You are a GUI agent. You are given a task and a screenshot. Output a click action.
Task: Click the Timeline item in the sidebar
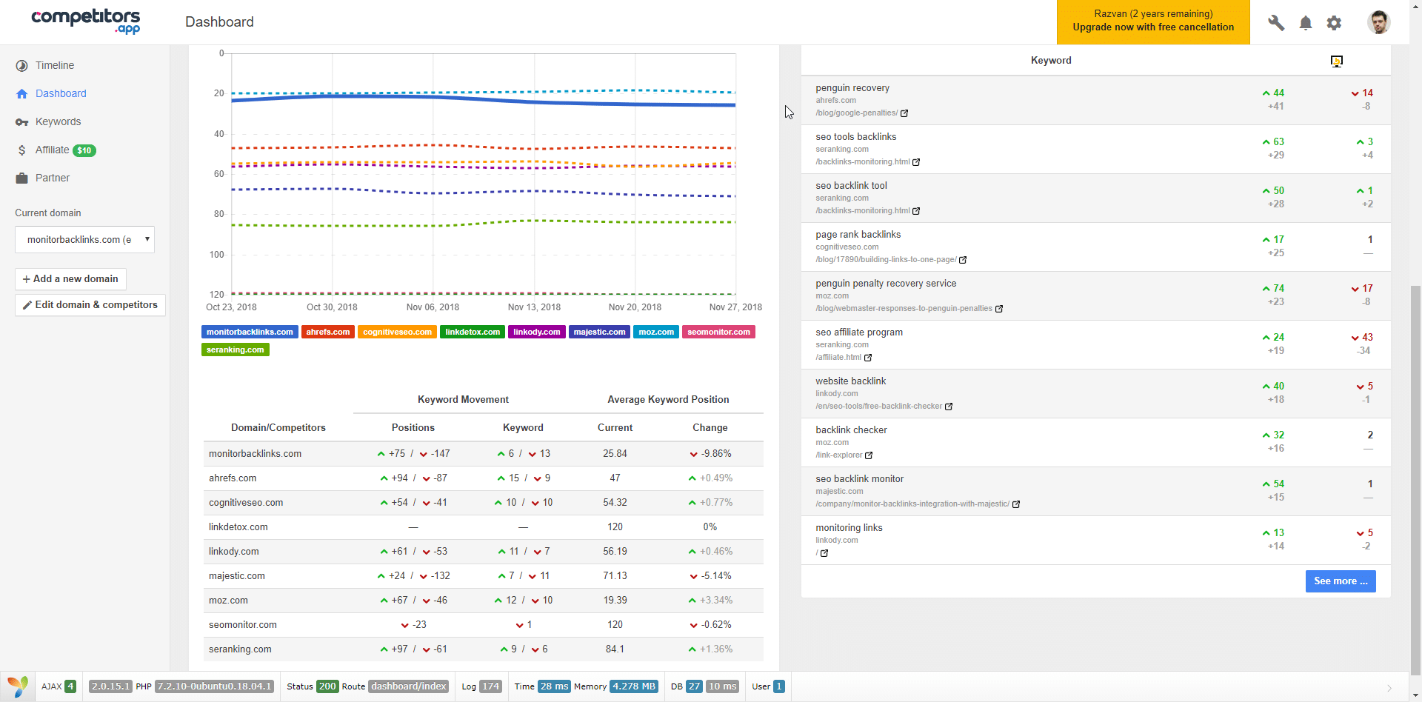[54, 65]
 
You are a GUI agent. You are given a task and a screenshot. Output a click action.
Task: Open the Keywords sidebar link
[58, 121]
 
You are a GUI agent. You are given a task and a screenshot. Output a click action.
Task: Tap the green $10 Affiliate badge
[84, 150]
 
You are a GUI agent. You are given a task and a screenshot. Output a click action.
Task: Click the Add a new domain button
[70, 279]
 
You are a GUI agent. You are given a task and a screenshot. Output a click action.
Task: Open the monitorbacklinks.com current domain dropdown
[84, 240]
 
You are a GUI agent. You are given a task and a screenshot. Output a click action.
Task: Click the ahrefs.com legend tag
[327, 332]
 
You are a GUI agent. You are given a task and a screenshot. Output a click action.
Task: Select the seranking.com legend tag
[235, 350]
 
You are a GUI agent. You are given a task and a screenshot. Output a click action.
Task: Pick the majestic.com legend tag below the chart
[599, 332]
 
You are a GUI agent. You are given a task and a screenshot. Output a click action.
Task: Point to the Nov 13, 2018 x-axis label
[534, 307]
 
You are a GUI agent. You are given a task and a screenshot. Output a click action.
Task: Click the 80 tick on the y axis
[218, 214]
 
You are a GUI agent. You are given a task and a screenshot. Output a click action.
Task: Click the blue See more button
[1341, 581]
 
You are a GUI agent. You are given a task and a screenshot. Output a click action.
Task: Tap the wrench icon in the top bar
[1276, 23]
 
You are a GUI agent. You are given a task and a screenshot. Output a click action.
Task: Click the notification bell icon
[1306, 23]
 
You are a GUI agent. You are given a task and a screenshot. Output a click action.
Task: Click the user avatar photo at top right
[1378, 22]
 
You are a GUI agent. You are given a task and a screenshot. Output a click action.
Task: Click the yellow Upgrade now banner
[1153, 21]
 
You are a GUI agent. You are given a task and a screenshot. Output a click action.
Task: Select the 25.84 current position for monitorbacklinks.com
[615, 454]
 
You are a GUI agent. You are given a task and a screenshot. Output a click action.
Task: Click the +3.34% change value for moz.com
[715, 601]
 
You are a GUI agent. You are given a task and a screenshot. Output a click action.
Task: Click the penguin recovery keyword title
[852, 88]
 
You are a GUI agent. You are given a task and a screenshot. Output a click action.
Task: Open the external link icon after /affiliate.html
[868, 358]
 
